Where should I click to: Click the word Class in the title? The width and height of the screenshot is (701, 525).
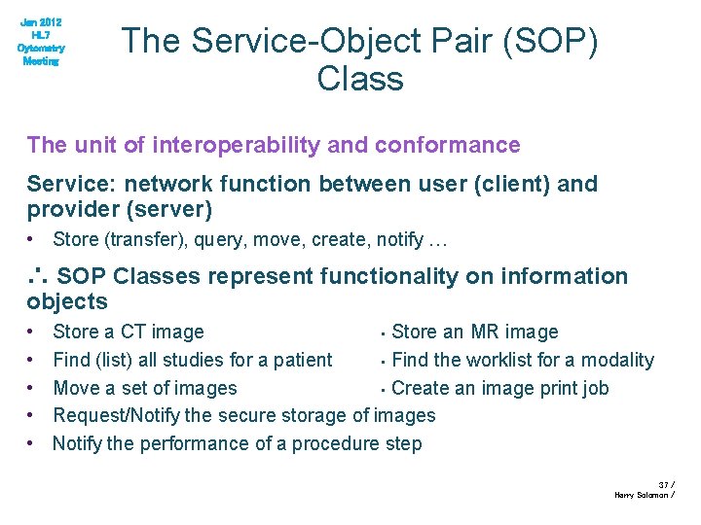point(359,77)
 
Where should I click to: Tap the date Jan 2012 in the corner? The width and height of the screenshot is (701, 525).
point(41,22)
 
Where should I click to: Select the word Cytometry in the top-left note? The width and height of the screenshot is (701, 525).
point(41,48)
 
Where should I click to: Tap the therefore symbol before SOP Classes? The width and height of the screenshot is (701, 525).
point(37,276)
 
